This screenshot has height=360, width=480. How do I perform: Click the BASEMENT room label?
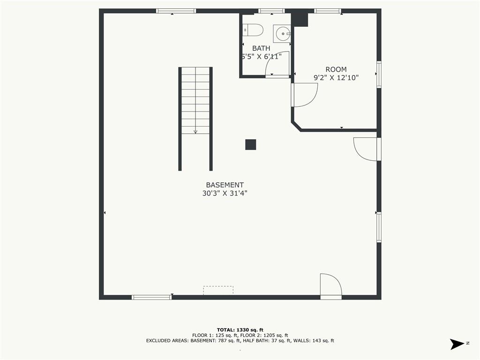[x=225, y=185]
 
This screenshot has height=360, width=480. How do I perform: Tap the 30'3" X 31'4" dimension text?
[x=225, y=193]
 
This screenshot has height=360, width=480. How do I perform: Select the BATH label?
[x=261, y=48]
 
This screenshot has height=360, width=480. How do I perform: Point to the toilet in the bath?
[x=253, y=30]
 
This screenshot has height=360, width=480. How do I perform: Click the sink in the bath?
[x=282, y=33]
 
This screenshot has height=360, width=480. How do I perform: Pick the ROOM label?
[x=336, y=69]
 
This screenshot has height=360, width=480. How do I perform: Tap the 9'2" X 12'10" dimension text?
[x=336, y=78]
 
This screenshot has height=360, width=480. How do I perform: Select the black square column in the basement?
[x=251, y=144]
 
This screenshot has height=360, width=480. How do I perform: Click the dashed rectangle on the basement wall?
[x=218, y=290]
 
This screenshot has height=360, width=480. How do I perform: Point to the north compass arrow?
[x=457, y=344]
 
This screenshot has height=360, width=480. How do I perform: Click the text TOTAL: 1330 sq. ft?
[x=240, y=330]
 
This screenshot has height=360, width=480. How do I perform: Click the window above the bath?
[x=271, y=11]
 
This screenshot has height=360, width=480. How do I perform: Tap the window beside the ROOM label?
[x=379, y=75]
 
